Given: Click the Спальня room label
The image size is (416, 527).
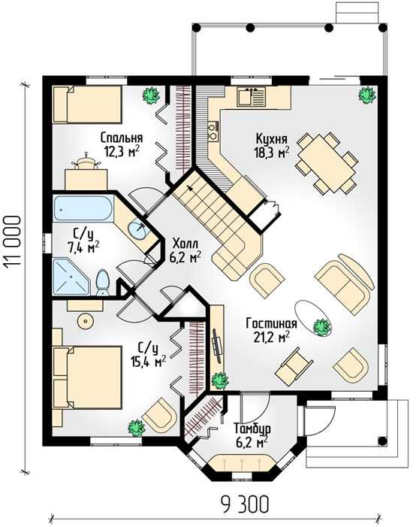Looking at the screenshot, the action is coord(122,138).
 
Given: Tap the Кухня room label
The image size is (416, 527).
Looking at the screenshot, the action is coord(271,138).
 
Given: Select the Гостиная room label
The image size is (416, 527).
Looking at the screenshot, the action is coord(271,323).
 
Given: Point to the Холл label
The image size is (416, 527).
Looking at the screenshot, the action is coord(185,244).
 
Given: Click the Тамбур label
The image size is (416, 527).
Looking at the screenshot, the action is coord(252,429).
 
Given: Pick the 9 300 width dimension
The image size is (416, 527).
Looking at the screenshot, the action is coord(245,504).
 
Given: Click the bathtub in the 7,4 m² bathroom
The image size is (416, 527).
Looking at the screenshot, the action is coord(84,209).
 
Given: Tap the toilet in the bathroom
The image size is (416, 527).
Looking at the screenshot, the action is coord(103,283).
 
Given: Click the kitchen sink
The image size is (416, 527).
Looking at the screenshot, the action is coord(252,96).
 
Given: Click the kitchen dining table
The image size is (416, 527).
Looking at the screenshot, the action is coord(326,162).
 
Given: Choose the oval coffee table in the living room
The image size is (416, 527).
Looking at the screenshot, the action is coord(313,318).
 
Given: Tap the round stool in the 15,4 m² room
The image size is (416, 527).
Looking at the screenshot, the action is coord(86,322).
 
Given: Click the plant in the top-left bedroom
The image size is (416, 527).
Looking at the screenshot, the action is coord(151,95).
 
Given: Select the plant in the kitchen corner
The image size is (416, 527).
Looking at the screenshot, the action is coord(366,95).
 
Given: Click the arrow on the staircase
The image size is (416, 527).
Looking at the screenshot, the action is coord(191,190).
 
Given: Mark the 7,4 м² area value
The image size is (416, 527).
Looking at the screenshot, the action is coord(83,247).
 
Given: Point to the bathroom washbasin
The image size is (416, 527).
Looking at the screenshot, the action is coord(137,229).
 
